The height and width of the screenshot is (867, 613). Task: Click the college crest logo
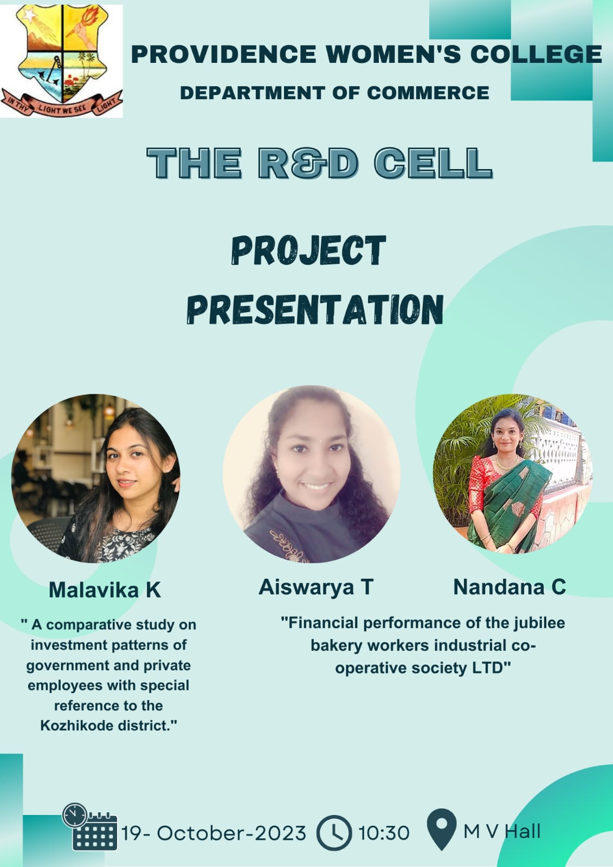pyautogui.click(x=62, y=61)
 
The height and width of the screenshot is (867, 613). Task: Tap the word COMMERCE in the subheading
pyautogui.click(x=428, y=93)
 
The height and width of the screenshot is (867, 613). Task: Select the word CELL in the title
pyautogui.click(x=433, y=163)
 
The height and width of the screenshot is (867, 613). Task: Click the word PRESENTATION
pyautogui.click(x=315, y=309)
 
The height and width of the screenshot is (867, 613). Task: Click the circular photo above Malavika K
pyautogui.click(x=95, y=478)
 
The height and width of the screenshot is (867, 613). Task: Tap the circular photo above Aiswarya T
pyautogui.click(x=311, y=474)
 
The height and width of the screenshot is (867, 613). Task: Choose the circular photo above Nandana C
pyautogui.click(x=513, y=474)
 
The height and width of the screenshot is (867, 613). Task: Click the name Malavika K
pyautogui.click(x=105, y=590)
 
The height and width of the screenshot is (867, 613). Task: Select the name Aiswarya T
pyautogui.click(x=315, y=587)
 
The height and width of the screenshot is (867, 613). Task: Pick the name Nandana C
pyautogui.click(x=509, y=587)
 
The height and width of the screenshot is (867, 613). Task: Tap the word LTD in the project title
pyautogui.click(x=492, y=668)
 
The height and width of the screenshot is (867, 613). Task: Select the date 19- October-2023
pyautogui.click(x=214, y=833)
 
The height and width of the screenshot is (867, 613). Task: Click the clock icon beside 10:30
pyautogui.click(x=334, y=833)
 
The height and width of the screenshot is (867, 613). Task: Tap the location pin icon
pyautogui.click(x=442, y=830)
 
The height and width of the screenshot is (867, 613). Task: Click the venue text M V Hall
pyautogui.click(x=502, y=831)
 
